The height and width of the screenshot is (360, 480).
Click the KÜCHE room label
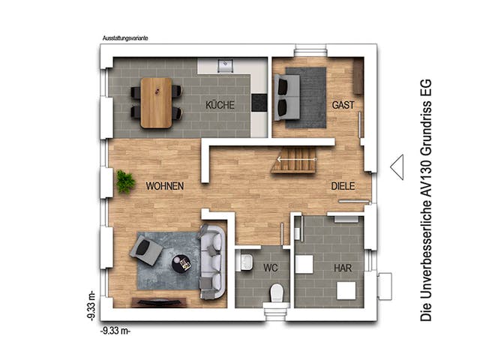pyautogui.click(x=220, y=105)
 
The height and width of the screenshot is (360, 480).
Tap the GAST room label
pyautogui.click(x=343, y=105)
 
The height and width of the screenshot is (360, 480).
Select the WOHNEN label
pyautogui.click(x=165, y=186)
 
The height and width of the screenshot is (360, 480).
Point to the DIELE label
pyautogui.click(x=343, y=186)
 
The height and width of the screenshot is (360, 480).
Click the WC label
pyautogui.click(x=271, y=268)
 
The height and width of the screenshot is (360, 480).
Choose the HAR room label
pyautogui.click(x=343, y=268)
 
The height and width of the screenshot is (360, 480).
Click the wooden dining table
pyautogui.click(x=156, y=103)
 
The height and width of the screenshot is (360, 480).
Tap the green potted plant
pyautogui.click(x=125, y=181)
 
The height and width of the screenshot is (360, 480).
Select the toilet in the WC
pyautogui.click(x=277, y=293)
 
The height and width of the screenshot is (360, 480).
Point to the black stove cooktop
pyautogui.click(x=259, y=103)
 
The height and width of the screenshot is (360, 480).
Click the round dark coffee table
pyautogui.click(x=181, y=264)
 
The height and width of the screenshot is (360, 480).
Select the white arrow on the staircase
pyautogui.click(x=297, y=160)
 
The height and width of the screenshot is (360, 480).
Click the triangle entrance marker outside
pyautogui.click(x=397, y=167)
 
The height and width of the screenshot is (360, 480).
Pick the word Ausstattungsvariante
pyautogui.click(x=125, y=38)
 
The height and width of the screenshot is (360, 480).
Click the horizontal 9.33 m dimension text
pyautogui.click(x=115, y=331)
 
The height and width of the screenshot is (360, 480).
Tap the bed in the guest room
pyautogui.click(x=286, y=97)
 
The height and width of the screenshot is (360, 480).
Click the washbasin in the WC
pyautogui.click(x=246, y=262)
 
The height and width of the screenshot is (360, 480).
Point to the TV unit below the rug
pyautogui.click(x=159, y=302)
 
